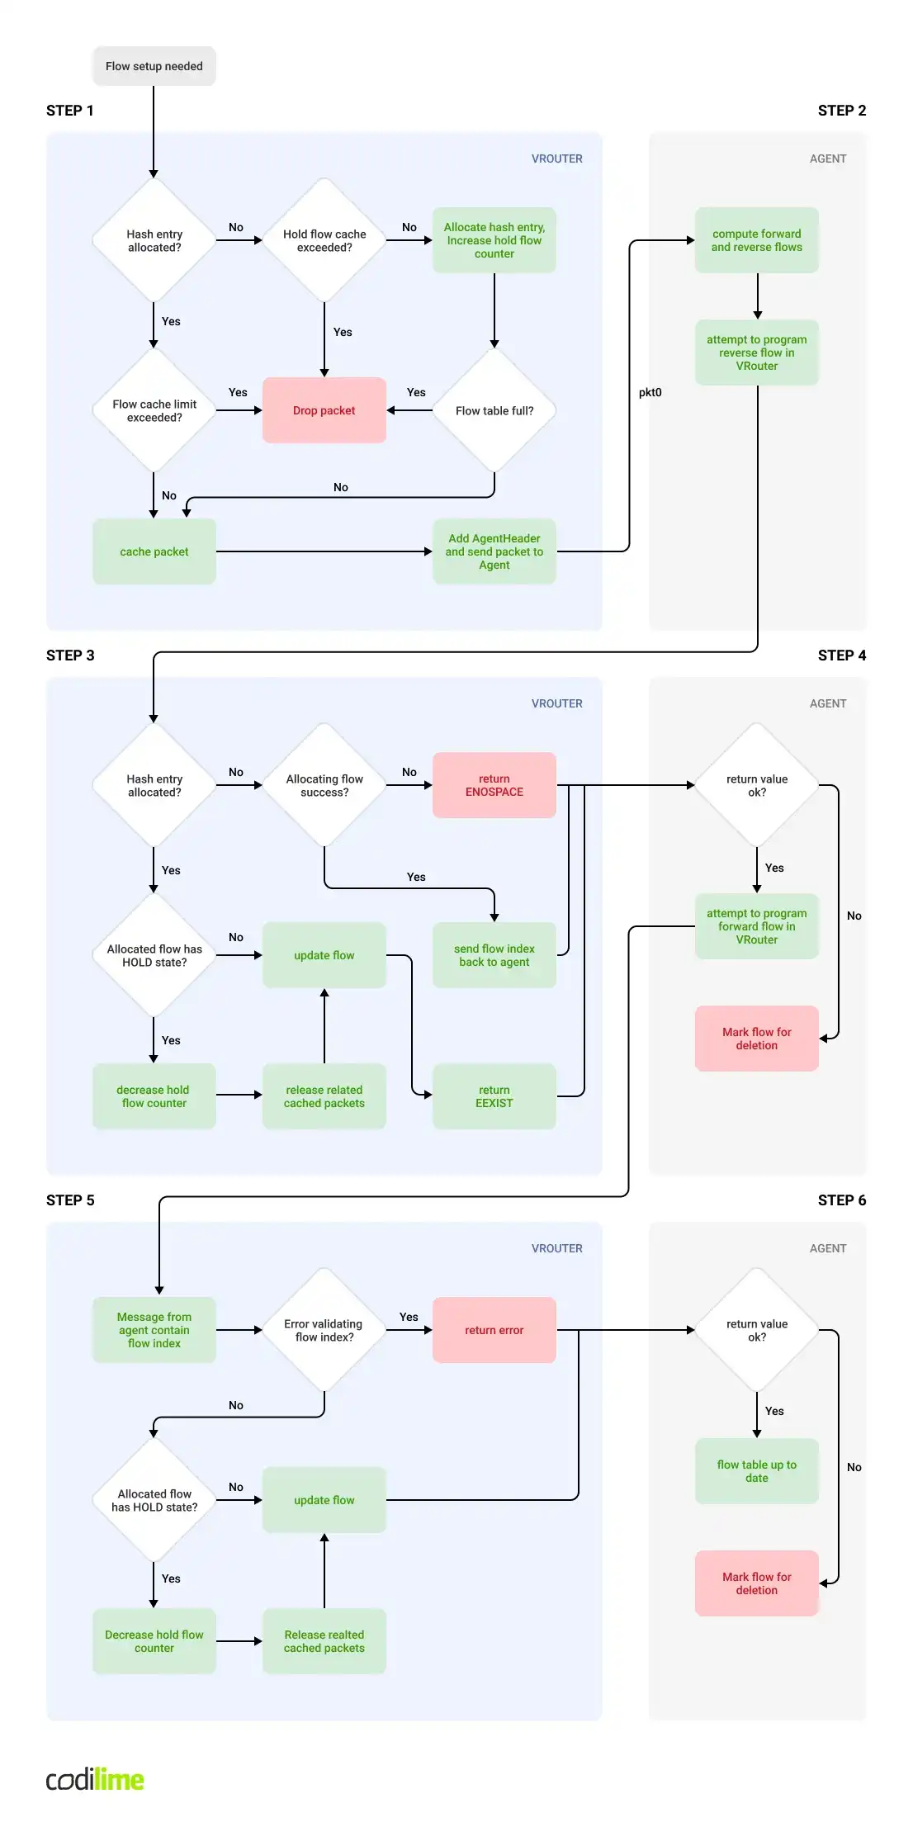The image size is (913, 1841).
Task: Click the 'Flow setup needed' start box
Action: point(154,66)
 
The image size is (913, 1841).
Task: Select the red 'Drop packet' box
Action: point(324,410)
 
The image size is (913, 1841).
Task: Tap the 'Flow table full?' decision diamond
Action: point(494,410)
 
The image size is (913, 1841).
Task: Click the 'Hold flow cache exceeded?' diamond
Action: point(324,240)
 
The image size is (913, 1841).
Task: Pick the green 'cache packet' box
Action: point(154,551)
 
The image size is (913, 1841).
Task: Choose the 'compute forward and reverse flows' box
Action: point(756,240)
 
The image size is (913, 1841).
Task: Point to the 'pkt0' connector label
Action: point(650,392)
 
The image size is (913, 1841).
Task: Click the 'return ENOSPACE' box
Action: point(494,785)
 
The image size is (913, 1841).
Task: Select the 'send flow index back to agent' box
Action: point(494,955)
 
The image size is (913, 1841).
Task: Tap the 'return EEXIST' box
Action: point(494,1096)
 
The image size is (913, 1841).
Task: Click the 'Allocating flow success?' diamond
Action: point(324,785)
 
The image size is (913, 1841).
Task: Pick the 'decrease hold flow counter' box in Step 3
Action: point(154,1096)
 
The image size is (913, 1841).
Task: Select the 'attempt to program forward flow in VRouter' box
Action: point(756,926)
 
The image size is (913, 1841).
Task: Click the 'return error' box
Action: point(494,1330)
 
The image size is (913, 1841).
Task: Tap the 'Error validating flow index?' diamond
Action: point(324,1330)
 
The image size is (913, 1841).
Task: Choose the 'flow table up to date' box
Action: point(756,1471)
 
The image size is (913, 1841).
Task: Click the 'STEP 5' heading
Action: point(70,1200)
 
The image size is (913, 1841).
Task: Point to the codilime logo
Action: point(95,1779)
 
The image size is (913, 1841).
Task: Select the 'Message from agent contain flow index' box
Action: point(154,1330)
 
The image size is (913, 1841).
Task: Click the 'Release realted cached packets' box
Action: point(324,1641)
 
